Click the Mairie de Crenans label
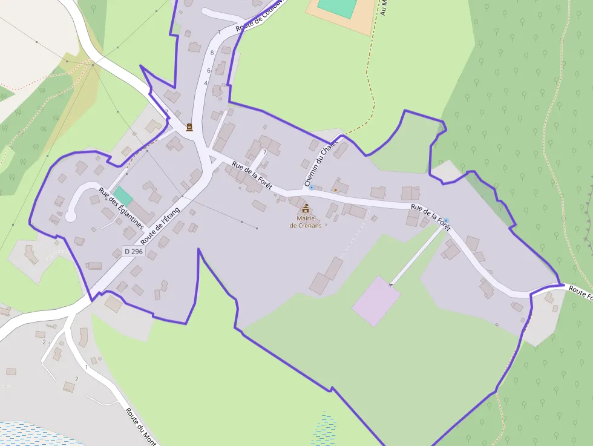(x=305, y=221)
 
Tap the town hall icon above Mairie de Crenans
(x=305, y=208)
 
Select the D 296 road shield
(x=134, y=251)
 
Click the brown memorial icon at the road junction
(x=189, y=127)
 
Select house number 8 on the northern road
(x=212, y=53)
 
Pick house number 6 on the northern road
(x=209, y=71)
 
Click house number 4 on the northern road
(x=206, y=84)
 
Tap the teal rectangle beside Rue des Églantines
(x=123, y=195)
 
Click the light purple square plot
(x=376, y=301)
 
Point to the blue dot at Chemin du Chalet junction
(x=312, y=188)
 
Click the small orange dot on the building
(x=335, y=189)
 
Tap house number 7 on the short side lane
(x=264, y=152)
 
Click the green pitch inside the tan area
(x=338, y=7)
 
